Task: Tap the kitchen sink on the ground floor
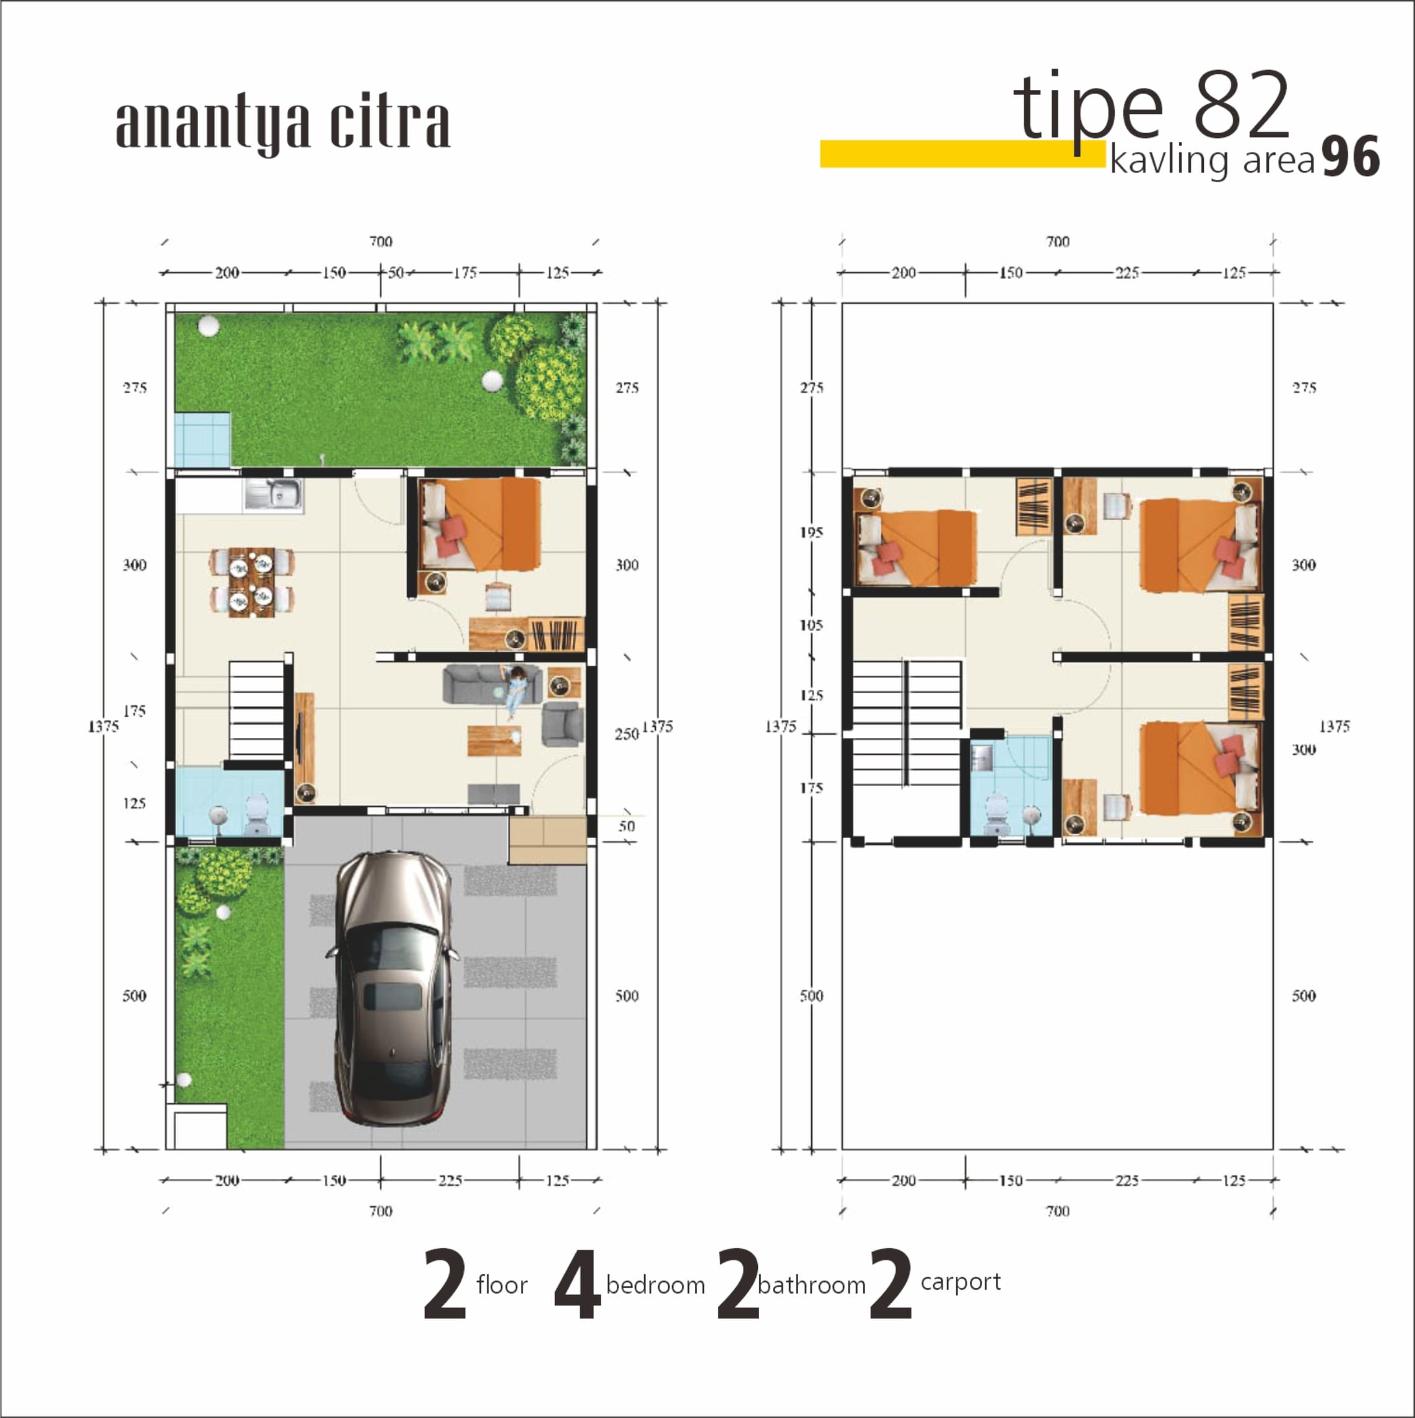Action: click(273, 495)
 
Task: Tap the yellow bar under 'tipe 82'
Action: click(962, 154)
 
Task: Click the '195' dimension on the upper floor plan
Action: click(811, 532)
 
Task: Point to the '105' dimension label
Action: click(811, 625)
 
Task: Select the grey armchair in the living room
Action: click(563, 724)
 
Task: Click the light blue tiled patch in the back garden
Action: click(202, 439)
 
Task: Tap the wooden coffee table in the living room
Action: click(494, 740)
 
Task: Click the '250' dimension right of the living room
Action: click(626, 734)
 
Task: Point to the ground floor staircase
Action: click(256, 710)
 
